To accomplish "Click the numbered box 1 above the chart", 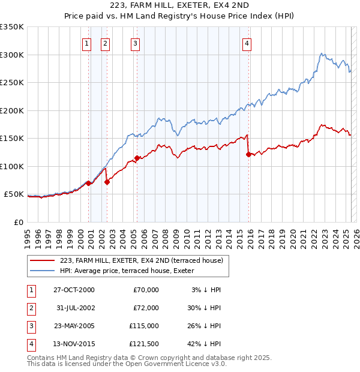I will tap(87, 43).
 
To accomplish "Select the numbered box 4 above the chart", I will tap(247, 43).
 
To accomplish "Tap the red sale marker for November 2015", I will tap(248, 155).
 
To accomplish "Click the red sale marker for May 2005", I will tap(137, 158).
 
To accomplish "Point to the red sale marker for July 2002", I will tap(107, 182).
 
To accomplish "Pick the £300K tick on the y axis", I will tap(12, 55).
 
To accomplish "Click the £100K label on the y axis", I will tap(12, 166).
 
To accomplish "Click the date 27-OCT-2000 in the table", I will tap(74, 290).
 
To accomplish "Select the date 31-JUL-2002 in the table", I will tap(74, 308).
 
